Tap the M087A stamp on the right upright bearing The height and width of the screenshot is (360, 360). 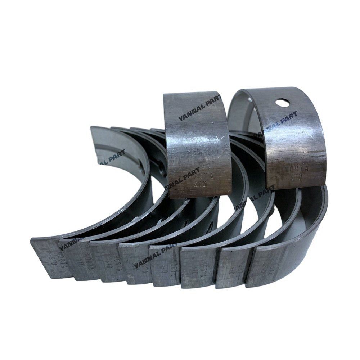pyautogui.click(x=290, y=168)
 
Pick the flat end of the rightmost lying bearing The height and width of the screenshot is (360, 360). pyautogui.click(x=274, y=265)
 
